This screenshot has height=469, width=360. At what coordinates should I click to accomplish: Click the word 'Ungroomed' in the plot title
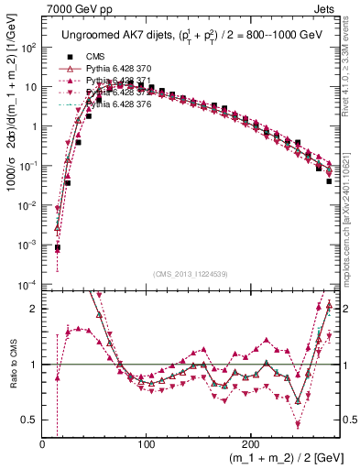pyautogui.click(x=88, y=34)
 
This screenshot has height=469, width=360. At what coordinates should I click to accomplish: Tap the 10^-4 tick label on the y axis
pyautogui.click(x=28, y=285)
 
